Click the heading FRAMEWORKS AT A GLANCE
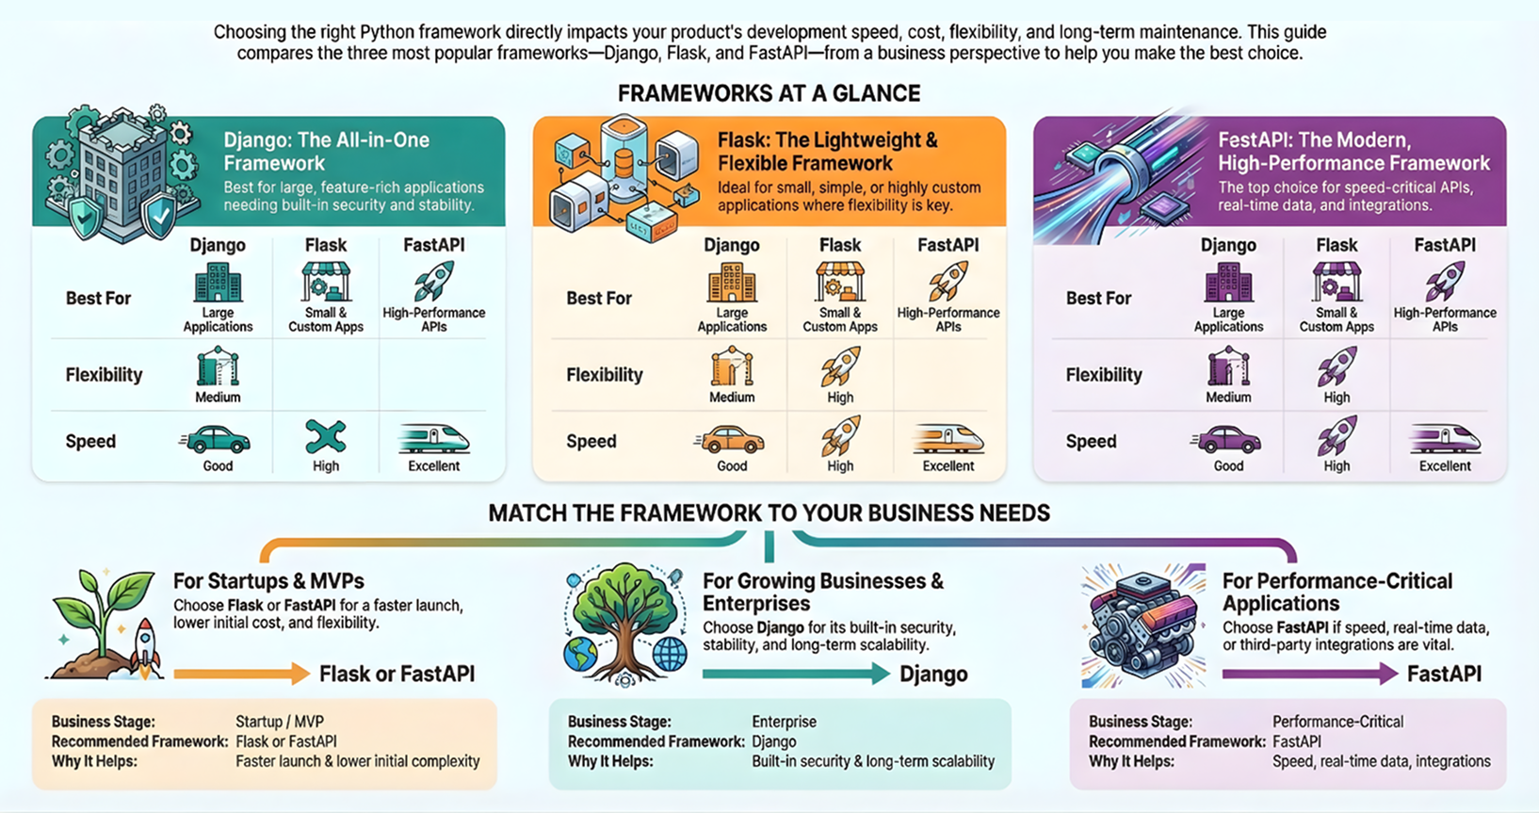(x=769, y=92)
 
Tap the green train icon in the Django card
(x=433, y=438)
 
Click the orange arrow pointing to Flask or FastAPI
(x=242, y=674)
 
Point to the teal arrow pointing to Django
(x=796, y=674)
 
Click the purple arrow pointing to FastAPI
(x=1310, y=674)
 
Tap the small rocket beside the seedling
(x=145, y=646)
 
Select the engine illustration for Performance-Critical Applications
(x=1143, y=626)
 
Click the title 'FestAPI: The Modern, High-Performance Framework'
(x=1354, y=151)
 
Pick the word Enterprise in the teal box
(x=784, y=722)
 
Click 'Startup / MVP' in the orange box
(x=280, y=722)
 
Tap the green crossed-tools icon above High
(x=326, y=437)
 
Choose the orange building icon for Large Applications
(x=732, y=283)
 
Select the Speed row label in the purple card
(x=1091, y=441)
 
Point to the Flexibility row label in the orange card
(x=605, y=375)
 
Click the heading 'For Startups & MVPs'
(x=268, y=581)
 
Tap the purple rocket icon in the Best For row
(x=1445, y=282)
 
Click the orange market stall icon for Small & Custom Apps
(x=839, y=282)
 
